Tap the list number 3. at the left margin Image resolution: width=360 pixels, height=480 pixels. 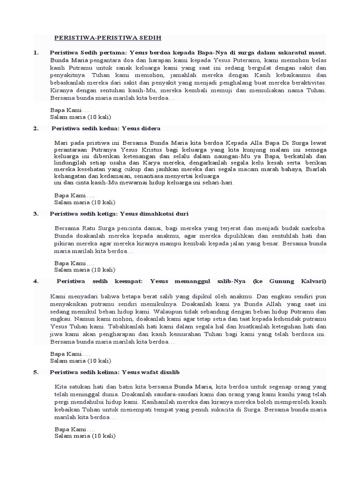pyautogui.click(x=36, y=214)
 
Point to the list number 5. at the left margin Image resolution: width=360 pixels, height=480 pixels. pyautogui.click(x=36, y=372)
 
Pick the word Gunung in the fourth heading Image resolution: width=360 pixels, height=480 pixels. pyautogui.click(x=282, y=281)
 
